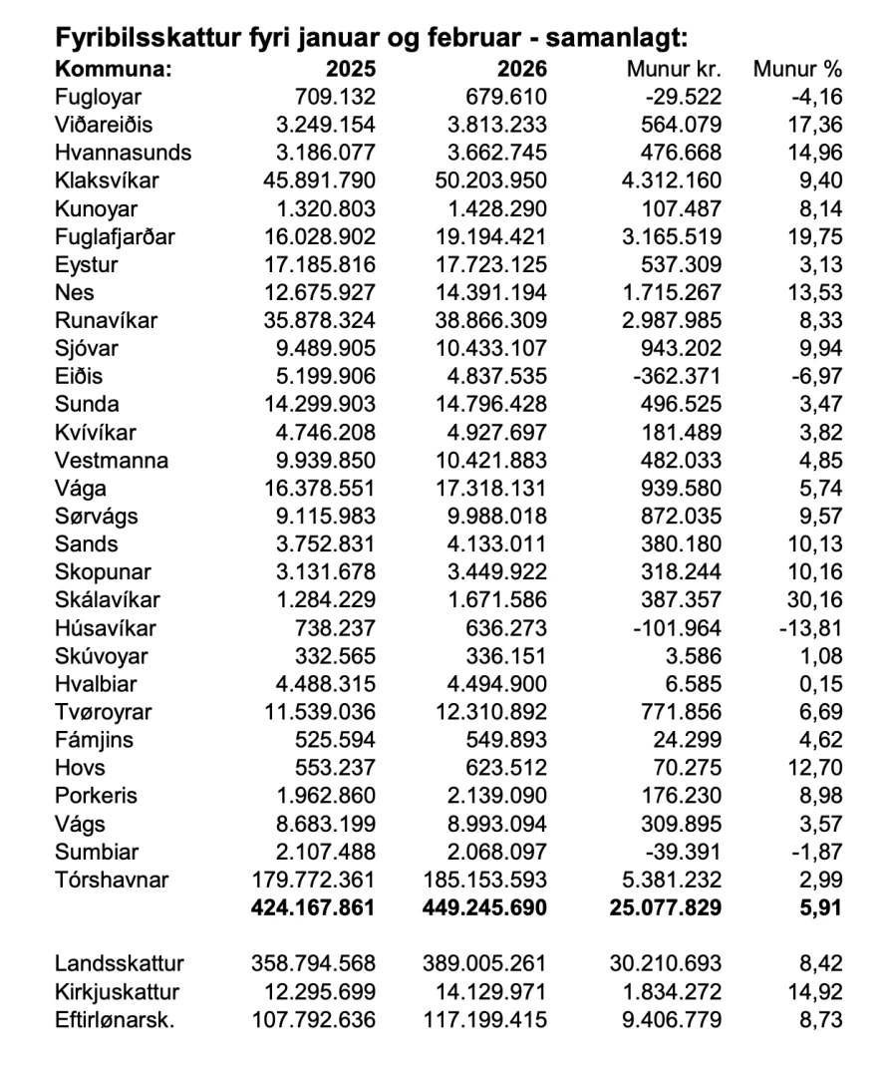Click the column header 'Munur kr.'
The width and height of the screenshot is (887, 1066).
click(674, 71)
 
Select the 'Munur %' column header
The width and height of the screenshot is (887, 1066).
click(798, 71)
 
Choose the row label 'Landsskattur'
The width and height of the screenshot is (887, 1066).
click(120, 963)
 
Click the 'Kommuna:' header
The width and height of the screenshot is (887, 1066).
click(113, 71)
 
